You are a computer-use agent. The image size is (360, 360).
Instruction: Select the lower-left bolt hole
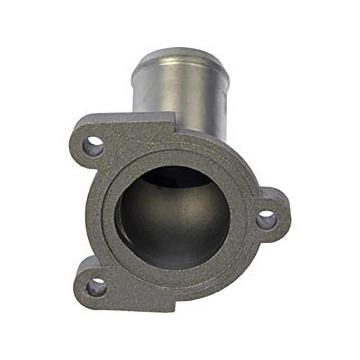point(96,288)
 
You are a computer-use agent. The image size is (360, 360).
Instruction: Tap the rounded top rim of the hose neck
point(180,52)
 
